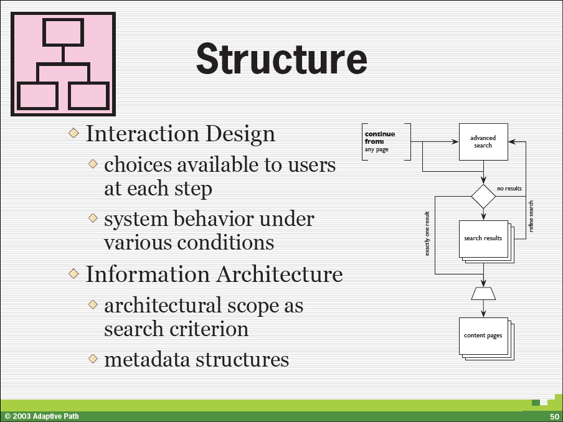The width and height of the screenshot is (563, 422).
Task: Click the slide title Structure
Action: pos(281,59)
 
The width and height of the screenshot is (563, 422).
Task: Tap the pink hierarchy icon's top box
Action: pos(63,32)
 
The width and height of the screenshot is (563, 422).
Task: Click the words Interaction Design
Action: pos(180,134)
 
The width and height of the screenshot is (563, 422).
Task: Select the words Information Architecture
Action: pos(214,274)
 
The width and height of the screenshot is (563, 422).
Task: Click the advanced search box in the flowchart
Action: pos(483,142)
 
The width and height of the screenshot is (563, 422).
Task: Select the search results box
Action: pos(483,238)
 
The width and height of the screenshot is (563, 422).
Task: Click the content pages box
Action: pos(483,335)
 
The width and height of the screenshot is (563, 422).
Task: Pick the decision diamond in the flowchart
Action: pos(483,196)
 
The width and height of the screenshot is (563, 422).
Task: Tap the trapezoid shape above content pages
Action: pos(483,293)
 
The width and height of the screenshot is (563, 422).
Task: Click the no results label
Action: pos(509,188)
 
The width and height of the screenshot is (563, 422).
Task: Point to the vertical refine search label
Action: pos(531,216)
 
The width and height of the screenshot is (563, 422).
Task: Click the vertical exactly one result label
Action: pos(427,233)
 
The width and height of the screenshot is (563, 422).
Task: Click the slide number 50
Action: pos(554,416)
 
